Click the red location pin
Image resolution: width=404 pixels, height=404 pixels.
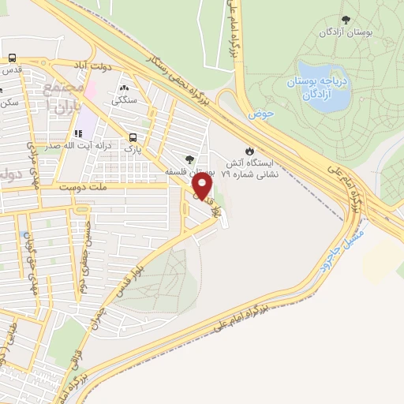[203, 187]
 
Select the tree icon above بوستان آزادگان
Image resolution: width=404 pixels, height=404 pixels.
[345, 19]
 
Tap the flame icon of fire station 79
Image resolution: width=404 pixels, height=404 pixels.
[249, 151]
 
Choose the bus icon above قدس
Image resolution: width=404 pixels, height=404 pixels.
[12, 58]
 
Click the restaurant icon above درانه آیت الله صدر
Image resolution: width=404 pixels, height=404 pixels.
[77, 133]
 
